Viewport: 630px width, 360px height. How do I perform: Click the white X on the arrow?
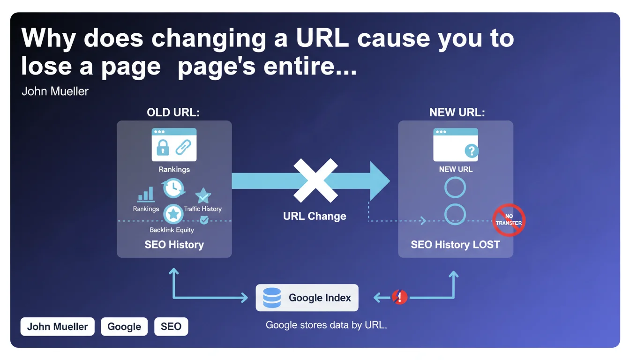pyautogui.click(x=315, y=180)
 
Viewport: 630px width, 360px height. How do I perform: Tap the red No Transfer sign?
pyautogui.click(x=509, y=220)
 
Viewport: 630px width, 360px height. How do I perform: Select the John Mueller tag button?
pyautogui.click(x=57, y=327)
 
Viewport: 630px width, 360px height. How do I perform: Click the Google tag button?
pyautogui.click(x=124, y=327)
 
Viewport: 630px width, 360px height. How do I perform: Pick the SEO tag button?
pyautogui.click(x=171, y=327)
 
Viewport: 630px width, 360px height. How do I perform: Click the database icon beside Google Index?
pyautogui.click(x=272, y=298)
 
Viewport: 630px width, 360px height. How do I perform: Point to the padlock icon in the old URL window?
pyautogui.click(x=163, y=147)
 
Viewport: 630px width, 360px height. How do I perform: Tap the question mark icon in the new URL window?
pyautogui.click(x=472, y=151)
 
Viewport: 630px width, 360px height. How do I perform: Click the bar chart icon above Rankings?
pyautogui.click(x=146, y=194)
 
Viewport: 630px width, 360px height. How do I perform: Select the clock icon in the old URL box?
pyautogui.click(x=173, y=187)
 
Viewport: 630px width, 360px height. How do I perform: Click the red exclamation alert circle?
pyautogui.click(x=400, y=297)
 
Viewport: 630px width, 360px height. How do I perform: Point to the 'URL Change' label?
pyautogui.click(x=315, y=216)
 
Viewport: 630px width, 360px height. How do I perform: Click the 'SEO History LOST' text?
pyautogui.click(x=455, y=244)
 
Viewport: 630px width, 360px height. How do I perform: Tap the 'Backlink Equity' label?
pyautogui.click(x=172, y=230)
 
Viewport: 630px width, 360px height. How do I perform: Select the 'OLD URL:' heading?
pyautogui.click(x=173, y=112)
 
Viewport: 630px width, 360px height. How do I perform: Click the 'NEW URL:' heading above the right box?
pyautogui.click(x=457, y=112)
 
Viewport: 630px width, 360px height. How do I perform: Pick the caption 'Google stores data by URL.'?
pyautogui.click(x=326, y=325)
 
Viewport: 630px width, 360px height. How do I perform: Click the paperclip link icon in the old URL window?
pyautogui.click(x=183, y=147)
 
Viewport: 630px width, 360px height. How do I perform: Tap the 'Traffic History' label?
pyautogui.click(x=203, y=209)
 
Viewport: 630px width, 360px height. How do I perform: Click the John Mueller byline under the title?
pyautogui.click(x=55, y=91)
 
